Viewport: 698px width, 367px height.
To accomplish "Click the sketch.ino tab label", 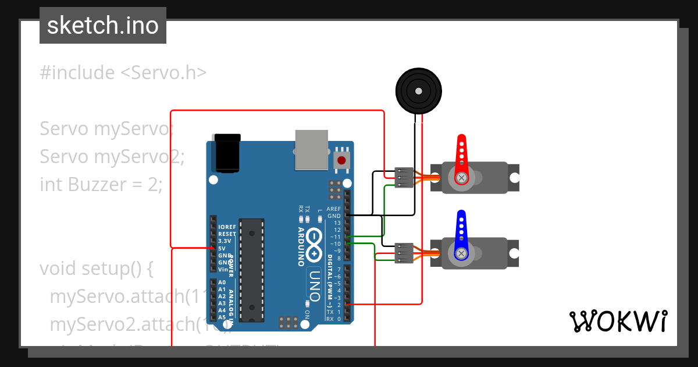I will [103, 26].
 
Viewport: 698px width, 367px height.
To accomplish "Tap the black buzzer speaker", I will [418, 90].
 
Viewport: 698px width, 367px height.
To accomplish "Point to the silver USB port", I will [312, 150].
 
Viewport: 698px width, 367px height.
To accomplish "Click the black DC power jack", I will [227, 153].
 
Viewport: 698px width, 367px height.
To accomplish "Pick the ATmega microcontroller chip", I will [252, 270].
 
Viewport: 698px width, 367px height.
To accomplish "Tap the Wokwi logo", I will [618, 321].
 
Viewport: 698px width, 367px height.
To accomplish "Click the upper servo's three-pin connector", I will [404, 178].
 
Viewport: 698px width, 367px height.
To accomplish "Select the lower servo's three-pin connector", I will [404, 253].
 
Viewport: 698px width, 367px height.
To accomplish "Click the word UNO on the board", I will [315, 285].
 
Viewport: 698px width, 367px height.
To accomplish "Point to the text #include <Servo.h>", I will [123, 73].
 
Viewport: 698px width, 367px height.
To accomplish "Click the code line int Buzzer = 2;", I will [101, 185].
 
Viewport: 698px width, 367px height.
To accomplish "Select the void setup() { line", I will [96, 269].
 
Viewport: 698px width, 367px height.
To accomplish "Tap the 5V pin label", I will [222, 248].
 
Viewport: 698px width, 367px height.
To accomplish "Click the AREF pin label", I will [334, 209].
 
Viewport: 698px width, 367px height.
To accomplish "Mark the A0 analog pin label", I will [222, 283].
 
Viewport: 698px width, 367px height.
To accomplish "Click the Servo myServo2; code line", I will [112, 157].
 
